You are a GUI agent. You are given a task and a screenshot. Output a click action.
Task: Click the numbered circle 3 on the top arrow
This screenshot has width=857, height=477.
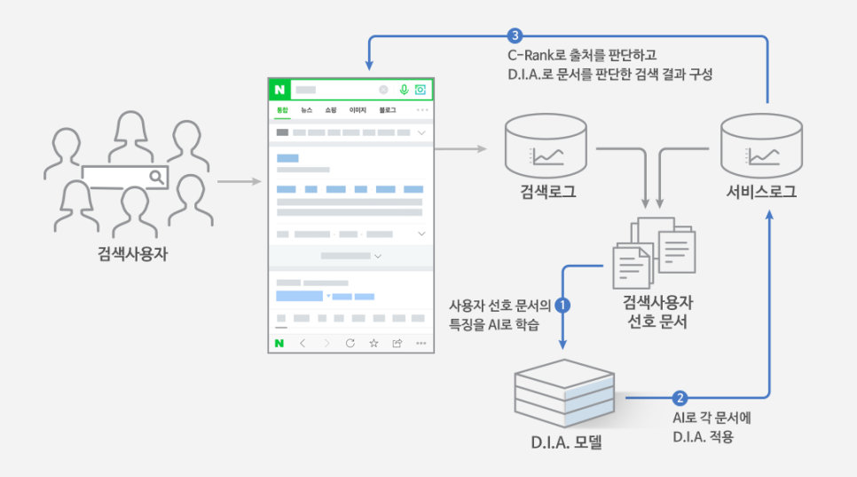[515, 36]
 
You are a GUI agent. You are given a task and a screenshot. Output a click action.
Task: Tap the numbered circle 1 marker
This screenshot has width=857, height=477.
[563, 305]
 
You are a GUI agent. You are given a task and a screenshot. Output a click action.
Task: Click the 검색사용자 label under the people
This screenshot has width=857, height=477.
[133, 253]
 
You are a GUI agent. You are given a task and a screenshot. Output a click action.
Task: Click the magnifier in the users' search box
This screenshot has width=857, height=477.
[156, 177]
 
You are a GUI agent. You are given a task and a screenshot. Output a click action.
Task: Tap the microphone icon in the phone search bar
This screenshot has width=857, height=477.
[404, 90]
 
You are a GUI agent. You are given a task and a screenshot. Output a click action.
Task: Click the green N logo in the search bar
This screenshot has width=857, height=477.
[280, 90]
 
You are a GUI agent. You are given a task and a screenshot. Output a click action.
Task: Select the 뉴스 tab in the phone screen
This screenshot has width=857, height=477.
[306, 110]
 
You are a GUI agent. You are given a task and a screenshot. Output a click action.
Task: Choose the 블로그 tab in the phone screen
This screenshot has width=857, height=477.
[388, 110]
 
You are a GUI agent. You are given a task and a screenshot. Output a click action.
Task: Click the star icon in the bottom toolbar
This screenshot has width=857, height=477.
[373, 343]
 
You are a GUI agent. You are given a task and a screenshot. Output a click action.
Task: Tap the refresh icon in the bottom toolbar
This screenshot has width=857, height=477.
[350, 343]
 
